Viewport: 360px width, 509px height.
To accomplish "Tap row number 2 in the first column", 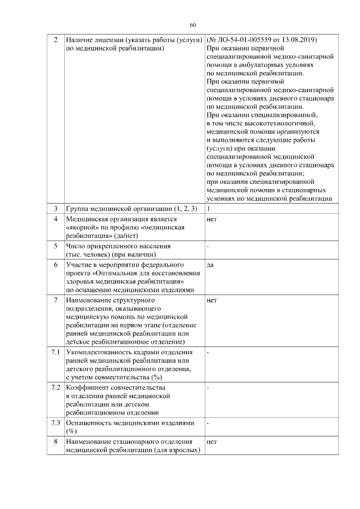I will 55,40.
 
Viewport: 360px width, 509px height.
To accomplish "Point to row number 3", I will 55,209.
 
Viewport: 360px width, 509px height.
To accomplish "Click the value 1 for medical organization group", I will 209,209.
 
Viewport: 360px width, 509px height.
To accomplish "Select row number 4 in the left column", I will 55,219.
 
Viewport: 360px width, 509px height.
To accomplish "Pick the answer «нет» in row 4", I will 212,219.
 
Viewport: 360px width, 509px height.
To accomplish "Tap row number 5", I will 55,246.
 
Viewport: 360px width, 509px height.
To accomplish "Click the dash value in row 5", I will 208,246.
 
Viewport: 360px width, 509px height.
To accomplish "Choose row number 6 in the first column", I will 55,264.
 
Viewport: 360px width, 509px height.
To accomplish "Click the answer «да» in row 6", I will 211,264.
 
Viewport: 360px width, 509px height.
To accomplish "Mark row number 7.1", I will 55,352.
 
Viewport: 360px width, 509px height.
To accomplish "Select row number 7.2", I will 55,388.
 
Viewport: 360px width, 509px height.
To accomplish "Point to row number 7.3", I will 55,423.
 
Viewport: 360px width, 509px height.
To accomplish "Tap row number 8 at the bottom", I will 55,442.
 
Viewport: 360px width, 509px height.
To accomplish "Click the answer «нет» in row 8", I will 212,442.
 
